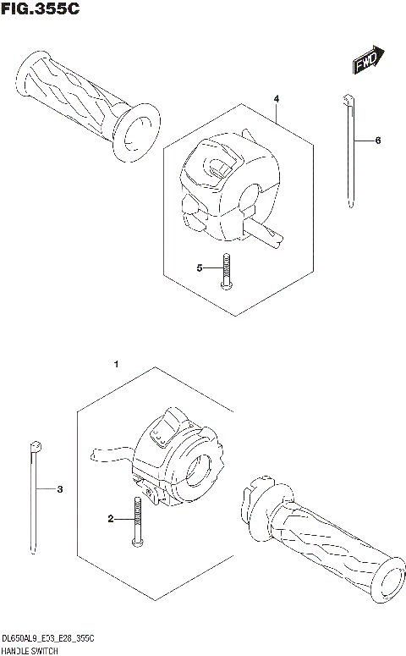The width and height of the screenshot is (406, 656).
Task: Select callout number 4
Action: click(277, 99)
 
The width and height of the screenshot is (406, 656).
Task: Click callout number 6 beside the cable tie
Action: click(378, 140)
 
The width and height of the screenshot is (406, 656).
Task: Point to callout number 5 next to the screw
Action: click(200, 268)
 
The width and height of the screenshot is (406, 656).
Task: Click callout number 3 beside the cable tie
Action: click(59, 489)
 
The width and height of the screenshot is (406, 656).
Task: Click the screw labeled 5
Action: click(225, 273)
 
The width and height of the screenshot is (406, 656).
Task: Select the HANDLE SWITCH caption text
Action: click(30, 648)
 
